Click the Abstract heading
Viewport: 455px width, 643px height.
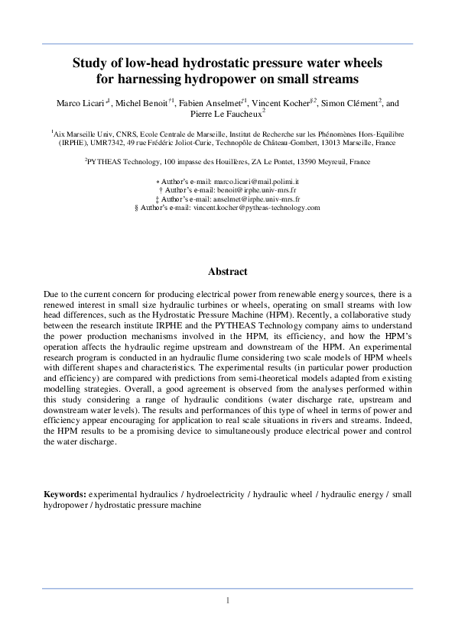[x=227, y=271]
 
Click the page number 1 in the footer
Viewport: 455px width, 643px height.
[x=227, y=600]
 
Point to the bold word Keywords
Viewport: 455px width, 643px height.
[x=65, y=494]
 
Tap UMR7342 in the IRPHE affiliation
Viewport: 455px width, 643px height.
[x=113, y=143]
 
